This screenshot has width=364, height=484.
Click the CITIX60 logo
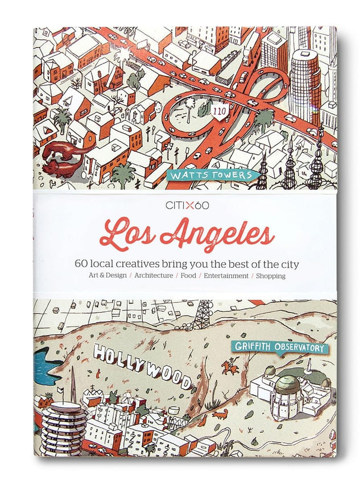click(x=181, y=205)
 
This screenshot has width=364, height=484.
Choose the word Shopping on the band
click(x=271, y=276)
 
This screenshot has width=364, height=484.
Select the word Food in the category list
click(x=188, y=276)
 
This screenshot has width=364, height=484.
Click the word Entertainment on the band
click(x=226, y=276)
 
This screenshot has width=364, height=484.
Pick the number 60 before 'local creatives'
click(x=81, y=264)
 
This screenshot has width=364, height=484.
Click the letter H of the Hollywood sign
click(x=101, y=355)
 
